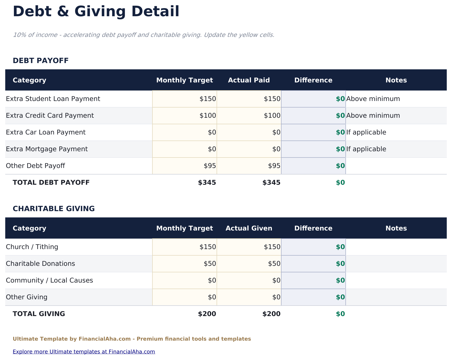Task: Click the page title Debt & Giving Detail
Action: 96,12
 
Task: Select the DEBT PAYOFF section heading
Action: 41,61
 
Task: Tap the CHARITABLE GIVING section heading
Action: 54,209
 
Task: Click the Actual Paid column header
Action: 249,80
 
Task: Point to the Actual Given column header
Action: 249,228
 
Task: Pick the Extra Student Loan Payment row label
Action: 53,99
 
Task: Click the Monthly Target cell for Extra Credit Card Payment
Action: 185,116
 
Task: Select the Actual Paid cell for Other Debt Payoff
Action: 249,166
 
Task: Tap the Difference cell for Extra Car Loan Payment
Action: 313,132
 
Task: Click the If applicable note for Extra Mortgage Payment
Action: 366,149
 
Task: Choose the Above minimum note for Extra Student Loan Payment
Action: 373,99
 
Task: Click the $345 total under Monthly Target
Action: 207,183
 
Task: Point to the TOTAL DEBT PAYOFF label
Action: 51,183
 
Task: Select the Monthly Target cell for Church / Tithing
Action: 185,247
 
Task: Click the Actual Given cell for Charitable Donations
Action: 249,264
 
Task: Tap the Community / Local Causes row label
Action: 49,280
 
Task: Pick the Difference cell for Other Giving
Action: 313,297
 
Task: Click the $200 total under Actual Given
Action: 271,314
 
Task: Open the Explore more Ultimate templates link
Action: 84,352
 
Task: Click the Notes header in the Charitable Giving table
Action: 396,228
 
